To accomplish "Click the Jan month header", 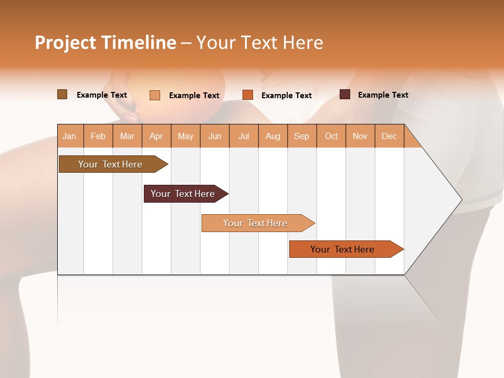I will point(69,136).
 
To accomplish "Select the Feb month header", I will point(98,136).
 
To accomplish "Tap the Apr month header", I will point(156,136).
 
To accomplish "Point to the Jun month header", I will point(215,136).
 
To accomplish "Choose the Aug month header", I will point(272,136).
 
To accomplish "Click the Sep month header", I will point(301,136).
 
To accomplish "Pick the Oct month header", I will point(331,136).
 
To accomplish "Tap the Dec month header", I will point(389,136).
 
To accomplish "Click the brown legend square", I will point(62,94).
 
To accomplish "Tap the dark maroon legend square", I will point(344,94).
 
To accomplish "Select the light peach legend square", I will point(154,95).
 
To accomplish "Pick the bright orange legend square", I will point(248,95).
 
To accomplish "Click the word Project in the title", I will point(65,43).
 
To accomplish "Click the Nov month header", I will point(360,136).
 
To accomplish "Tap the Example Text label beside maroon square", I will point(383,94).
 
